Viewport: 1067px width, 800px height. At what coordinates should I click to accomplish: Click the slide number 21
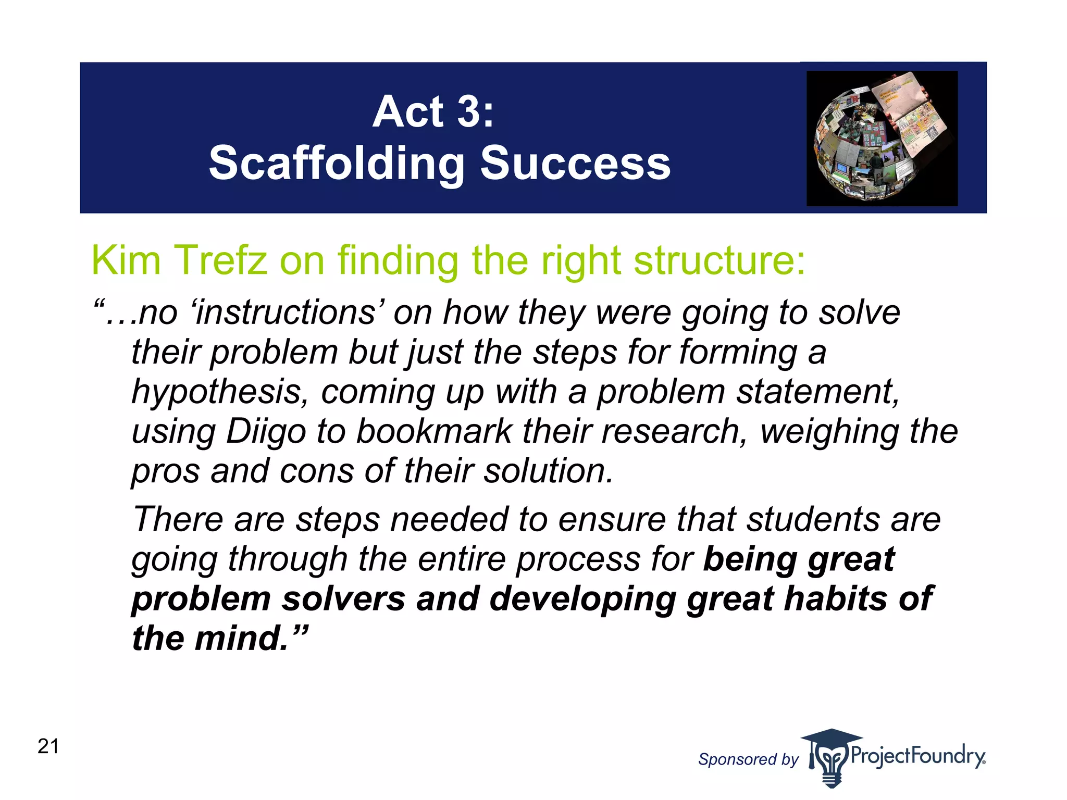(48, 746)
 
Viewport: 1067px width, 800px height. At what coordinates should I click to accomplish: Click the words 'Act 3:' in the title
(433, 112)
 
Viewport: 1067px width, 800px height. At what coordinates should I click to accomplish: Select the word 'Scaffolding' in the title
(337, 164)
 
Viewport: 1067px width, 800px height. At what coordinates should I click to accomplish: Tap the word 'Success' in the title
(575, 164)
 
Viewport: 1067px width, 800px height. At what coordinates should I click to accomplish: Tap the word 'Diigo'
(266, 431)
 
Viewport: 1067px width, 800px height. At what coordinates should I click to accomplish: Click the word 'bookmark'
(435, 431)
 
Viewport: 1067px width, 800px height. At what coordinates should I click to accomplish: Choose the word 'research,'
(675, 431)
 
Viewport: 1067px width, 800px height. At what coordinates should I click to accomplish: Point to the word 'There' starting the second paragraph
(178, 519)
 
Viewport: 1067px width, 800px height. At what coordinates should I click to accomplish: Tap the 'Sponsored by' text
(748, 759)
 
